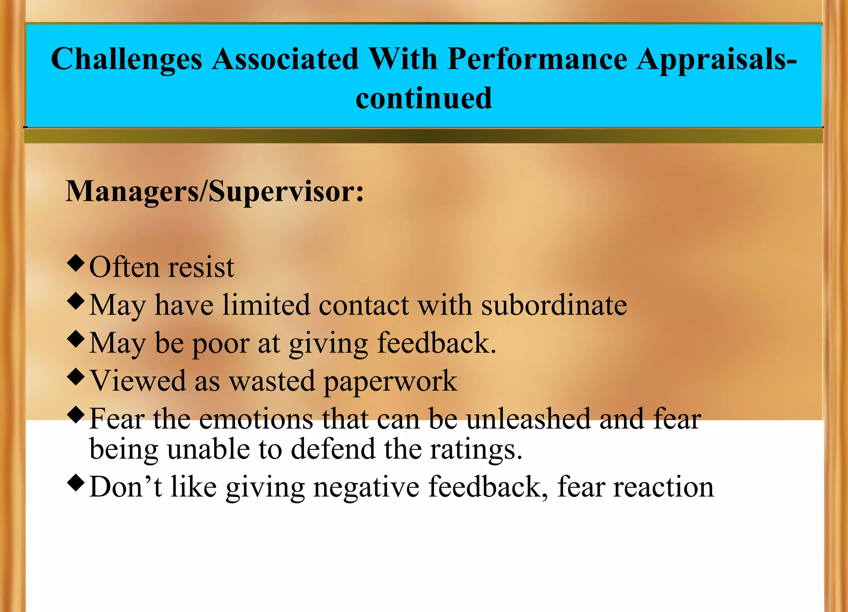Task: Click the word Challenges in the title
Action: (x=126, y=59)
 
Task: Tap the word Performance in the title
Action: (x=537, y=59)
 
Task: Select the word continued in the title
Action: (x=424, y=98)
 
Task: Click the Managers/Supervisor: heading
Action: (x=214, y=191)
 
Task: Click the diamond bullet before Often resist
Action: (x=76, y=263)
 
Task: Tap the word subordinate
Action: (x=554, y=305)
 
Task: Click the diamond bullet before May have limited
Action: (x=76, y=301)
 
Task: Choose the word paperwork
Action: (x=390, y=382)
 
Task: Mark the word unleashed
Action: (x=529, y=419)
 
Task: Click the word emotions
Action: (x=256, y=419)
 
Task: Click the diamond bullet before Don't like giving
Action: (x=76, y=482)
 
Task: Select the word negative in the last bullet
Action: (x=366, y=487)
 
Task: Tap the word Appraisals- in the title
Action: (x=717, y=59)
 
